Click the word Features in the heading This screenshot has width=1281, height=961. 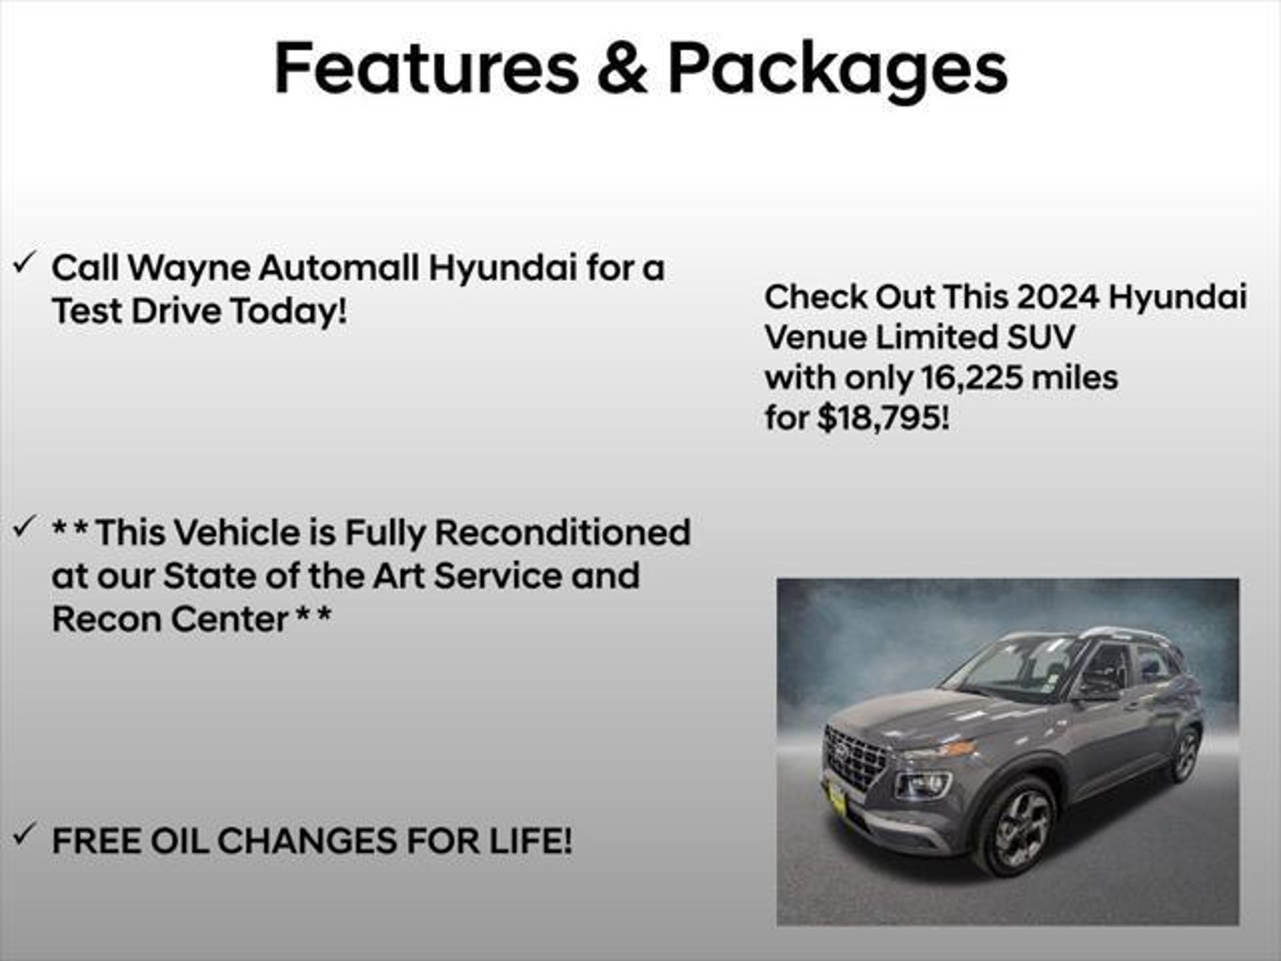coord(427,68)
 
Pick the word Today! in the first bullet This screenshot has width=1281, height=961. coord(288,312)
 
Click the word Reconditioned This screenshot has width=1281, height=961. coord(562,532)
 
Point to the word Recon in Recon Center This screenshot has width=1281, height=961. coord(106,619)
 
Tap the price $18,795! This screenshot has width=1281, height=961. coord(883,418)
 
